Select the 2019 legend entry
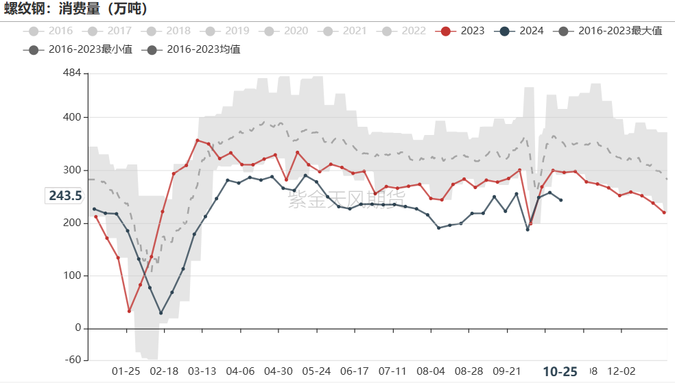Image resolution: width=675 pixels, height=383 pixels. click(x=228, y=31)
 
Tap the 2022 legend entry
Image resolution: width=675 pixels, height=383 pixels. click(x=404, y=31)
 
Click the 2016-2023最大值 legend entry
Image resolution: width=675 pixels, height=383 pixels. click(x=611, y=31)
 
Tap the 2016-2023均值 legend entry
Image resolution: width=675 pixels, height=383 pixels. click(x=194, y=49)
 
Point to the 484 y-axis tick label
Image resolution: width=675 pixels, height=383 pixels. click(x=71, y=73)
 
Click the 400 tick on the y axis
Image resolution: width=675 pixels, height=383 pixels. click(x=71, y=117)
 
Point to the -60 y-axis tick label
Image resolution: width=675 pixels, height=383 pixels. click(x=71, y=360)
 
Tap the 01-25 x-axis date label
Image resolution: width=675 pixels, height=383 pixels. click(x=126, y=371)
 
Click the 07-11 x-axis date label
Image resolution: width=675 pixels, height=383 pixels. click(x=392, y=371)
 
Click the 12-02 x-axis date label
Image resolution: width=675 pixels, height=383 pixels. click(x=621, y=371)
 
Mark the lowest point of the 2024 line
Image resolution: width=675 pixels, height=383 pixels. click(x=161, y=313)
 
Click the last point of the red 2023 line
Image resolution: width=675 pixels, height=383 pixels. click(x=664, y=212)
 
